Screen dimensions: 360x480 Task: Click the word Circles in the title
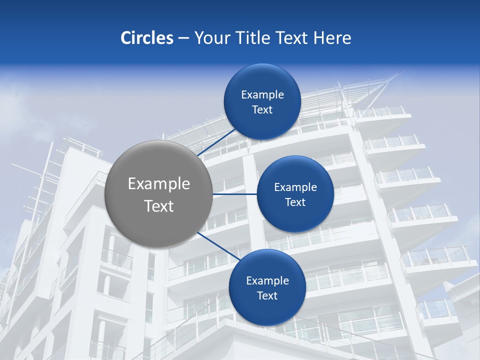click(146, 38)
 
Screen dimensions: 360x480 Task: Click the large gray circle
click(158, 194)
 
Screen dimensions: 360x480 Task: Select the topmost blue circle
click(262, 101)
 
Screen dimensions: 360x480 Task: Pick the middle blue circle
click(295, 194)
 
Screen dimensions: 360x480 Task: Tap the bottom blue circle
click(267, 287)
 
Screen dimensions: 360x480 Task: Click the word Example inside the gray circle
click(158, 184)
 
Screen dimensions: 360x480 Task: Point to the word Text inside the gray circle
click(158, 206)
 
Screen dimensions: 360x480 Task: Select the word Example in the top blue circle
click(262, 94)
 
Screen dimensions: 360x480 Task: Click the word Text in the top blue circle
click(262, 109)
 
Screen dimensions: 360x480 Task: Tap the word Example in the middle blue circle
click(295, 187)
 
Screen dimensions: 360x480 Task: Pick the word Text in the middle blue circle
click(295, 202)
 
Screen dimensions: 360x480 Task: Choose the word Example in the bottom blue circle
click(267, 280)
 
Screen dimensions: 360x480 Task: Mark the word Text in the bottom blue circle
click(267, 295)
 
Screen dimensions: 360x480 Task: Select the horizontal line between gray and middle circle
click(234, 194)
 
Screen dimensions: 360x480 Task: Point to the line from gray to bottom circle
click(218, 246)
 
